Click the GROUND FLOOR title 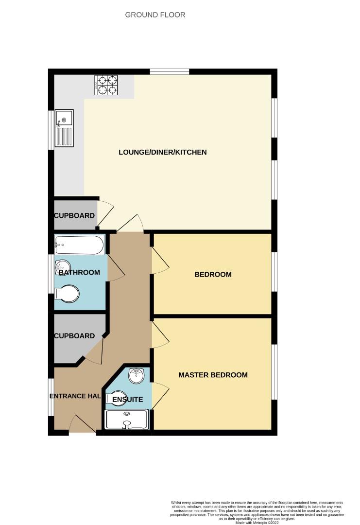coord(155,15)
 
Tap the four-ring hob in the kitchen coord(106,85)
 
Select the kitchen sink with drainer coord(64,128)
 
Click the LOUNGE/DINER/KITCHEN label coord(163,152)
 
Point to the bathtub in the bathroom coord(80,245)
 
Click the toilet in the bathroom coord(67,294)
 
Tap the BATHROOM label coord(79,273)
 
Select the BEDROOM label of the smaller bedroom coord(213,275)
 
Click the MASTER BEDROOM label coord(213,375)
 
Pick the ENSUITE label coord(127,400)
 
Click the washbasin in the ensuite coord(137,376)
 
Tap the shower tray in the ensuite coord(126,420)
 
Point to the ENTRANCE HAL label coord(75,396)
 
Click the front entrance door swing coord(83,424)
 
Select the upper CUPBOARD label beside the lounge coord(74,216)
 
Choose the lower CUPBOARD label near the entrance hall coord(74,336)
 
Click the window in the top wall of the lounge coord(169,71)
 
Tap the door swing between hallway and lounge coord(131,223)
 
